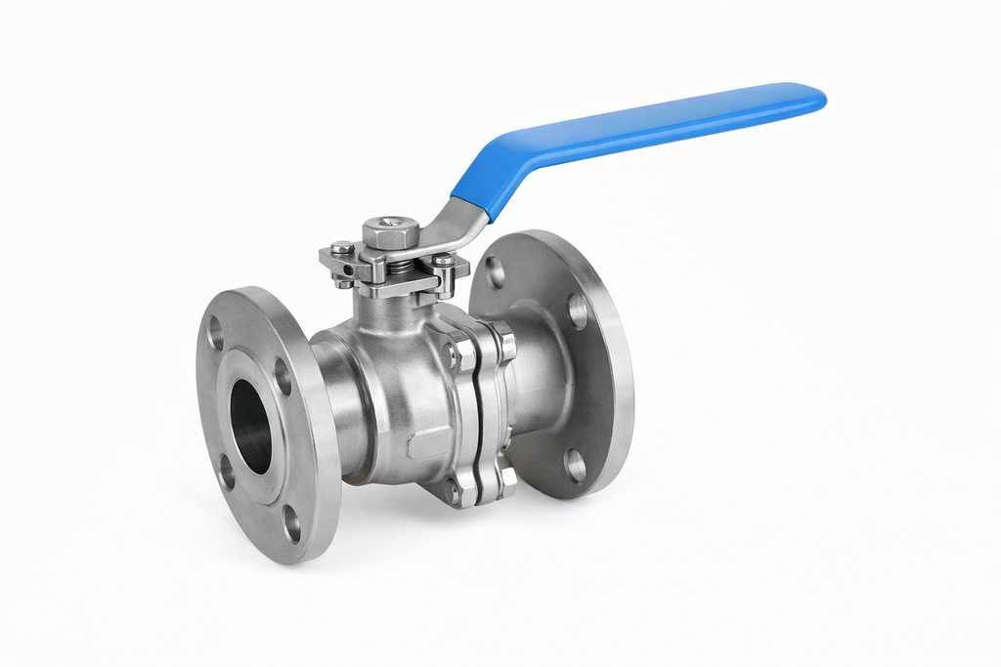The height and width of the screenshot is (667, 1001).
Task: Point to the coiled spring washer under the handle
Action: [400, 264]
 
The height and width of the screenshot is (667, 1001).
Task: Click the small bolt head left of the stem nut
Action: [341, 248]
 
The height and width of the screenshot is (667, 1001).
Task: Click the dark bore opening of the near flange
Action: [251, 426]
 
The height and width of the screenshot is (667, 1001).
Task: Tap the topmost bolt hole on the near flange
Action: [216, 332]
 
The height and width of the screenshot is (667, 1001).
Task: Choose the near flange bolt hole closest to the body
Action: [282, 376]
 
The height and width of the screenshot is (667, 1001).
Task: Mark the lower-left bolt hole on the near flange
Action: [226, 472]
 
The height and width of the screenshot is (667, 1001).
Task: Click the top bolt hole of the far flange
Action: [496, 271]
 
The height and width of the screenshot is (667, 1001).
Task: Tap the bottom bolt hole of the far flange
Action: [575, 466]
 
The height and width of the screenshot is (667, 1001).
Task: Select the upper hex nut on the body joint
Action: [452, 354]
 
